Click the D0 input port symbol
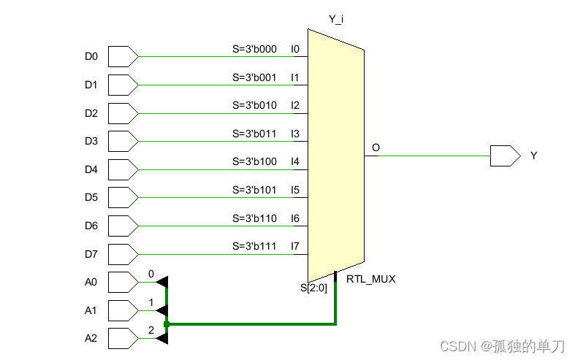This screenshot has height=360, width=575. tap(122, 56)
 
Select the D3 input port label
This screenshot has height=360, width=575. tap(91, 141)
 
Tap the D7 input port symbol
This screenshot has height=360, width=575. tap(122, 254)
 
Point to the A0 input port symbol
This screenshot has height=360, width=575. tap(122, 282)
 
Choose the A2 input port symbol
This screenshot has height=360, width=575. tap(122, 338)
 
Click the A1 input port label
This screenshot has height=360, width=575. tap(91, 310)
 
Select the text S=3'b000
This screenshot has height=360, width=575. tap(254, 49)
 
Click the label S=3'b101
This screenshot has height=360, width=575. tap(254, 190)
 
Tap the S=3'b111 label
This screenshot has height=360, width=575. tap(254, 246)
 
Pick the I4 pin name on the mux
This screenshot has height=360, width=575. tap(295, 161)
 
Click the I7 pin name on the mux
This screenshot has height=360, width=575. tap(295, 246)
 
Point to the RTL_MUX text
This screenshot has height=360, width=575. tap(370, 279)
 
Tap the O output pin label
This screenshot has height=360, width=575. tap(376, 148)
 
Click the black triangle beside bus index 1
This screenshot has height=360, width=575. tap(162, 310)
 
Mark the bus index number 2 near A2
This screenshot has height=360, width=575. tap(151, 330)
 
